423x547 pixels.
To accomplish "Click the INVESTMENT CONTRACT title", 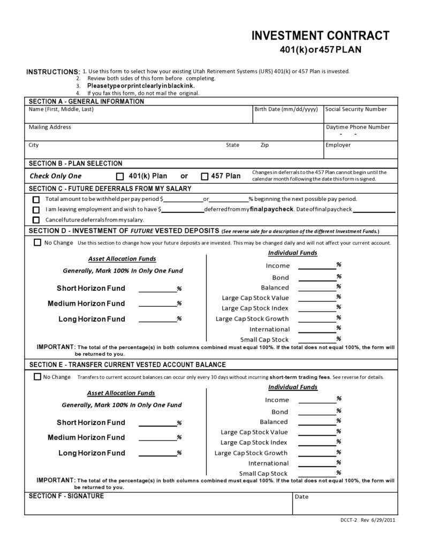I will pyautogui.click(x=320, y=36).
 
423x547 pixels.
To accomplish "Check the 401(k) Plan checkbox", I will pyautogui.click(x=120, y=176).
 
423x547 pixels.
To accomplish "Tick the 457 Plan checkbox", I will pyautogui.click(x=205, y=176).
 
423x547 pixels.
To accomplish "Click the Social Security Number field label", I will pyautogui.click(x=356, y=109).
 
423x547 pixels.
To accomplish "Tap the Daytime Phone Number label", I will pyautogui.click(x=358, y=127).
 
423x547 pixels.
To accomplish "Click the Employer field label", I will pyautogui.click(x=338, y=145).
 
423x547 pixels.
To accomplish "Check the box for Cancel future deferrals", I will pyautogui.click(x=36, y=220).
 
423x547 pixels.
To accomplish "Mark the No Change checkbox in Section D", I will pyautogui.click(x=37, y=242).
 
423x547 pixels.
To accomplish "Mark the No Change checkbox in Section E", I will pyautogui.click(x=37, y=376).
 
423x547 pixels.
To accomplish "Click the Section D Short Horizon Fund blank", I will pyautogui.click(x=157, y=290).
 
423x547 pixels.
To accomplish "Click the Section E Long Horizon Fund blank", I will pyautogui.click(x=157, y=454).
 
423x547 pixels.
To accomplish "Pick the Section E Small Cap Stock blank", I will pyautogui.click(x=316, y=474).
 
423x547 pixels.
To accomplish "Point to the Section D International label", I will pyautogui.click(x=269, y=329).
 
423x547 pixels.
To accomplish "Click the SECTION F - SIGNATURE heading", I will pyautogui.click(x=66, y=496).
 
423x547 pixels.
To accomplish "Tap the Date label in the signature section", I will pyautogui.click(x=301, y=497).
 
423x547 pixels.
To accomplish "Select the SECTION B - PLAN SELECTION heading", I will pyautogui.click(x=75, y=163).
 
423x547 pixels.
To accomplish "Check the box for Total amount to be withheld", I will pyautogui.click(x=36, y=199).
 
